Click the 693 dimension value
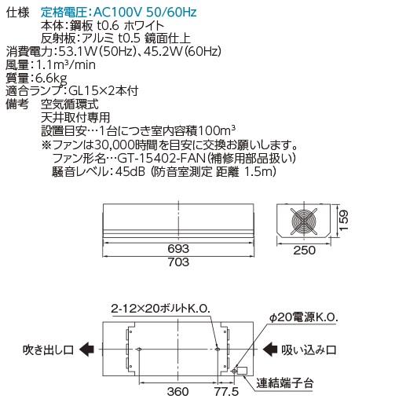178,248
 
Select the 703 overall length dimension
178,262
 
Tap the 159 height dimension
344,220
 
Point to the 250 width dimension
304,251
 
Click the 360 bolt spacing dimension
178,392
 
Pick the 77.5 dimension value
227,392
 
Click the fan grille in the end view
304,221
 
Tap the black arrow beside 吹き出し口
86,350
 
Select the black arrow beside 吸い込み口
270,350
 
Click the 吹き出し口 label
49,350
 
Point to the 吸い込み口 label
309,350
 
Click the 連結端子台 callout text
285,383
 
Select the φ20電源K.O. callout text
304,317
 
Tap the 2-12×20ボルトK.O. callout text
160,309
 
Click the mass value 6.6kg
51,79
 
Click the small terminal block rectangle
242,371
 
